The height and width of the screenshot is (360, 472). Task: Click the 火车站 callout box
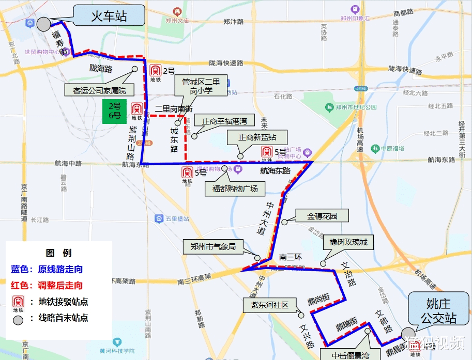point(109,15)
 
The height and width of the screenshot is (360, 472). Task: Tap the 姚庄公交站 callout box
point(439,310)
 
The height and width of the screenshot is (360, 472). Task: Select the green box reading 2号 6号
point(114,111)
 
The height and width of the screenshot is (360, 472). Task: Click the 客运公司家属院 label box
point(99,90)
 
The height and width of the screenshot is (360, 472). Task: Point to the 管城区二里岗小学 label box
point(201,86)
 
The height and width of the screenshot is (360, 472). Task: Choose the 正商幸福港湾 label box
point(224,121)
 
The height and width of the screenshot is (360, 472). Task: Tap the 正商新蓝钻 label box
point(257,138)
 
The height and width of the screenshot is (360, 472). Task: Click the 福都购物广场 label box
point(235,189)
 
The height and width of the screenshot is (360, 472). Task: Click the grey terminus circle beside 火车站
point(43,24)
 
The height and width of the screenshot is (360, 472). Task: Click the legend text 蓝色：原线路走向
point(47,269)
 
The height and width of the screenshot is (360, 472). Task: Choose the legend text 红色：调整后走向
point(47,285)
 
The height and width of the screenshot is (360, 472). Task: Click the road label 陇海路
point(100,68)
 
